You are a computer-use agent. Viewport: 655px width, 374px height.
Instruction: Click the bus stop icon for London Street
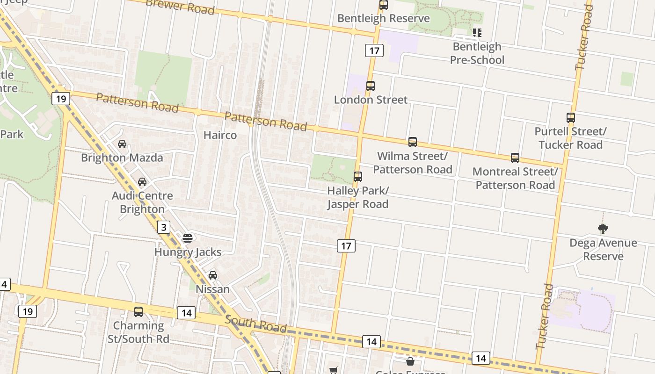(371, 86)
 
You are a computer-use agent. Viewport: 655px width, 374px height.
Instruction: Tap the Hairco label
(220, 135)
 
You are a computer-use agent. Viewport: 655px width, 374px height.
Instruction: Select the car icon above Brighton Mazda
(122, 144)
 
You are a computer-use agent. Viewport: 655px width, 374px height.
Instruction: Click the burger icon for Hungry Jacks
(188, 238)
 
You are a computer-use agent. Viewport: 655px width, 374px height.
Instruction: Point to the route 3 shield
(163, 228)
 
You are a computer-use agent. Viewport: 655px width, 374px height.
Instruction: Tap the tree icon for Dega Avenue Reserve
(603, 229)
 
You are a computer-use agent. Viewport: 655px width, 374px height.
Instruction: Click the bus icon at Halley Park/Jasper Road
(358, 177)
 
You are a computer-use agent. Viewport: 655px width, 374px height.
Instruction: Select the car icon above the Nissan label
(213, 275)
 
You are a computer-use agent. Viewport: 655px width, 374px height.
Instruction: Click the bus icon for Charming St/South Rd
(138, 312)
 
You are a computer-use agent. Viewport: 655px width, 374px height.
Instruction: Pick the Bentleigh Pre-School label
(477, 53)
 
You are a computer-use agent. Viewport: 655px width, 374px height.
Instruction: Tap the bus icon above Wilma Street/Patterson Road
(412, 142)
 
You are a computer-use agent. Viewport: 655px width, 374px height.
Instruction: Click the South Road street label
(255, 324)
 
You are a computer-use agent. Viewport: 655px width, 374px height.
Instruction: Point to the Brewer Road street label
(180, 7)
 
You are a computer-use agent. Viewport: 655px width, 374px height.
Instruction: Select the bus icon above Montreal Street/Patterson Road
(515, 158)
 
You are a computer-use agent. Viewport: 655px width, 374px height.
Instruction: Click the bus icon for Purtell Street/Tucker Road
(571, 118)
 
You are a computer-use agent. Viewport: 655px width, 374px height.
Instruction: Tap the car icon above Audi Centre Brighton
(142, 182)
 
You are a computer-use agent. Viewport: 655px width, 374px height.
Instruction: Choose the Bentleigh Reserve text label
(383, 18)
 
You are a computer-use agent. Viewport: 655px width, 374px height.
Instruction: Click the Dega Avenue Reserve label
(603, 249)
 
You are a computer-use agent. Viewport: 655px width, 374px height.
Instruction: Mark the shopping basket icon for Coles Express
(410, 361)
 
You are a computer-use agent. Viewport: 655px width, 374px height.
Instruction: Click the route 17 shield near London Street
(374, 50)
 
